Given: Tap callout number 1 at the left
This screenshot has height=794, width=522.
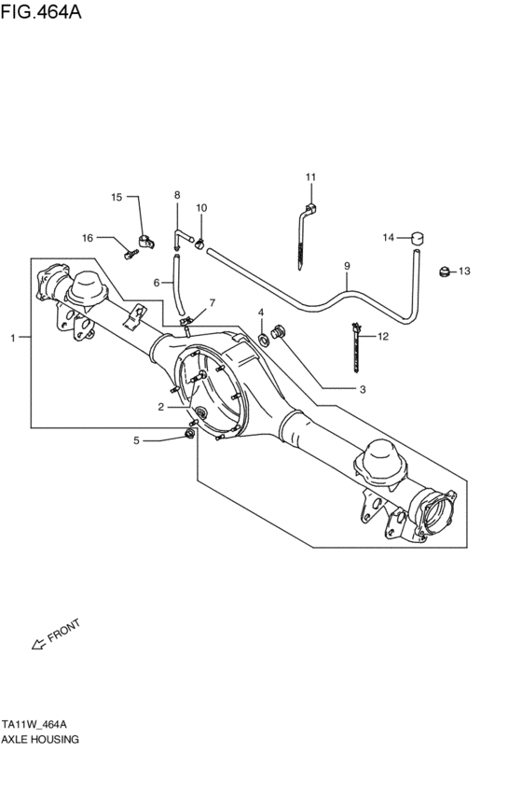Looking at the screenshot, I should (x=13, y=338).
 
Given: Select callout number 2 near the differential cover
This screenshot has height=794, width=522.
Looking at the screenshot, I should (x=160, y=407).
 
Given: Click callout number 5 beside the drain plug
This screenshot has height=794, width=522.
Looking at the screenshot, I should (x=136, y=440).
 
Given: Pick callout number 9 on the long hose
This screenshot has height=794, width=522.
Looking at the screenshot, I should (x=347, y=267).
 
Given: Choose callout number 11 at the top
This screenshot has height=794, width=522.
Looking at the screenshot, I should (x=311, y=177).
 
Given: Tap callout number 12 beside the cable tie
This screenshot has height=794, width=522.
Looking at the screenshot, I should (x=383, y=335).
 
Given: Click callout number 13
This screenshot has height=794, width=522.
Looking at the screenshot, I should (x=464, y=272).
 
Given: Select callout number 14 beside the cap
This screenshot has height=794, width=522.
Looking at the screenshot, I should (x=389, y=237).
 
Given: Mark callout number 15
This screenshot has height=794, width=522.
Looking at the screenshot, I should (x=117, y=197).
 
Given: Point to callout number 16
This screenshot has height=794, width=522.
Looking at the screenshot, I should (x=88, y=238).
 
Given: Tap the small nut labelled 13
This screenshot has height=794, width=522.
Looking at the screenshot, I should (x=445, y=272).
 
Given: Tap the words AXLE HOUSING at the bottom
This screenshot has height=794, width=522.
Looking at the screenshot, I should (x=40, y=738).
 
